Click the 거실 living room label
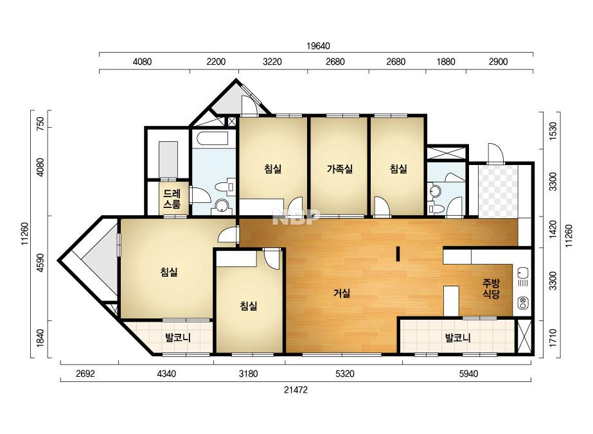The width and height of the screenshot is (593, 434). [342, 293]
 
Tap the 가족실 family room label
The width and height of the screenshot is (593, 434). [340, 169]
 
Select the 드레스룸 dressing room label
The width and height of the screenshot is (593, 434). [172, 199]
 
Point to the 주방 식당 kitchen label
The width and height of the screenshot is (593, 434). [491, 288]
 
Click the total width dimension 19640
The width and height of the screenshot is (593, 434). [318, 46]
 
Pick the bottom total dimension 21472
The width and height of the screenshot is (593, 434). [296, 390]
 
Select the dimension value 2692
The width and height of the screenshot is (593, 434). [85, 374]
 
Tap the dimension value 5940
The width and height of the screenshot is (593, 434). [468, 374]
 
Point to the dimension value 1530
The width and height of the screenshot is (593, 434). [553, 131]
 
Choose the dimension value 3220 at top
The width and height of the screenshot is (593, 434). [272, 62]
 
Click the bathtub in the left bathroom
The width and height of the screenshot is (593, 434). [209, 139]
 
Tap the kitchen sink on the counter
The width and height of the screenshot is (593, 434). [523, 272]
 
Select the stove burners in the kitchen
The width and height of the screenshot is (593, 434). [523, 302]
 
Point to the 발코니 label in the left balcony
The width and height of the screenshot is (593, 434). [178, 338]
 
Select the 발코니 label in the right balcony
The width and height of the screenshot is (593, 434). [457, 338]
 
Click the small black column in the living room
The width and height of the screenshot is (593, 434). [398, 254]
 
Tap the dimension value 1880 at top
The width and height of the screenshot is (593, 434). [446, 62]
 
